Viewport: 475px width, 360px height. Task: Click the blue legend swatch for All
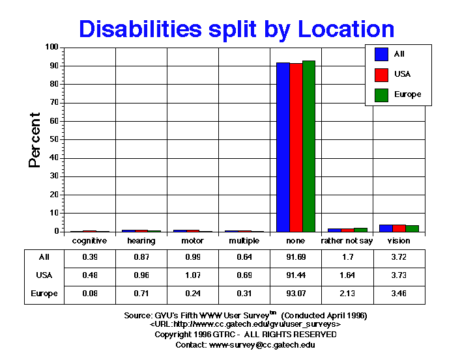(x=382, y=54)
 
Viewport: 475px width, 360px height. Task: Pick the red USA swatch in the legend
(x=382, y=74)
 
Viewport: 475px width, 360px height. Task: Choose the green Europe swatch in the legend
(x=382, y=95)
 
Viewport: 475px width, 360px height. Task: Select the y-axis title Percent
(x=35, y=140)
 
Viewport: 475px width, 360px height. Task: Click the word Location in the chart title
(x=342, y=29)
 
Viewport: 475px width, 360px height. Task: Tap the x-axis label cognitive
(x=89, y=241)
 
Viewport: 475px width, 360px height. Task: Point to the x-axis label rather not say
(x=347, y=241)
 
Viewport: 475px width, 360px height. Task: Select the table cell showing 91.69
(x=296, y=257)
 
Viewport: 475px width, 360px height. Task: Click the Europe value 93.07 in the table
(x=296, y=294)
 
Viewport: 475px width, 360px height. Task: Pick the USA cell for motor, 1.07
(x=193, y=275)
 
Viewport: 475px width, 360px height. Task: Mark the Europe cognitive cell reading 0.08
(x=89, y=294)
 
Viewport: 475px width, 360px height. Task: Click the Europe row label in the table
(x=44, y=294)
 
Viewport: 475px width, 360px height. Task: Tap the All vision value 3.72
(x=399, y=257)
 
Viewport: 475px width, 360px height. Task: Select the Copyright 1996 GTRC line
(x=246, y=335)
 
